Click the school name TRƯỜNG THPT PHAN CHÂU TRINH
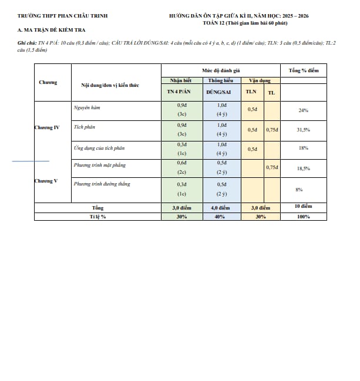(x=62, y=16)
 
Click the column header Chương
(x=48, y=83)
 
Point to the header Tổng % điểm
(x=304, y=70)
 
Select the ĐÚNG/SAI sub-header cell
(x=221, y=93)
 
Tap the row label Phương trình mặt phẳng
(x=100, y=166)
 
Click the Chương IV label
(x=47, y=127)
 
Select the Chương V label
(x=46, y=181)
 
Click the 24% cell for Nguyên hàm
(x=304, y=110)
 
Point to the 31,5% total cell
(x=304, y=130)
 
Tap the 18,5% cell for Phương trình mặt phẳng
(x=304, y=168)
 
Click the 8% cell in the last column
(x=299, y=189)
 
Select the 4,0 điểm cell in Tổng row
(x=221, y=208)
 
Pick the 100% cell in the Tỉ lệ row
(x=304, y=217)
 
